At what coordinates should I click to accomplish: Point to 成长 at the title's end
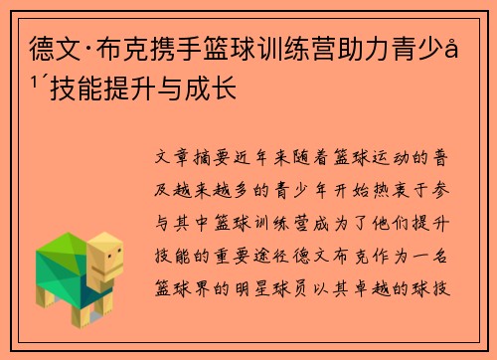(211, 88)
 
